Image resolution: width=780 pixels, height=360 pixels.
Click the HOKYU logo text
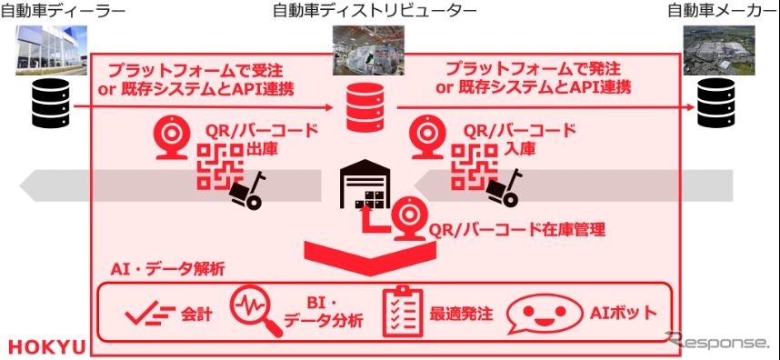[x=47, y=346]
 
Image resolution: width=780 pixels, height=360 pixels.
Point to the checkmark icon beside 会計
[x=149, y=315]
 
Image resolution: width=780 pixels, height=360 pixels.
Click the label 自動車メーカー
[x=722, y=12]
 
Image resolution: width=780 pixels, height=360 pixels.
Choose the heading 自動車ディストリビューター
[x=374, y=12]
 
